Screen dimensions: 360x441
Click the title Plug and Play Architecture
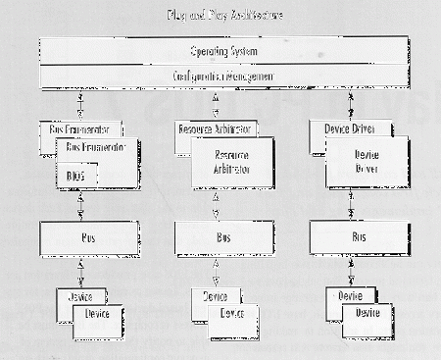220,16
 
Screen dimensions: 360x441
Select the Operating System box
220,50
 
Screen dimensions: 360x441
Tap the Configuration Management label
220,76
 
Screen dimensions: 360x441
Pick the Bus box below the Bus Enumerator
87,236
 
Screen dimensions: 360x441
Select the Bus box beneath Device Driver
357,236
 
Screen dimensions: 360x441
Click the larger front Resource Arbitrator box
232,163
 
